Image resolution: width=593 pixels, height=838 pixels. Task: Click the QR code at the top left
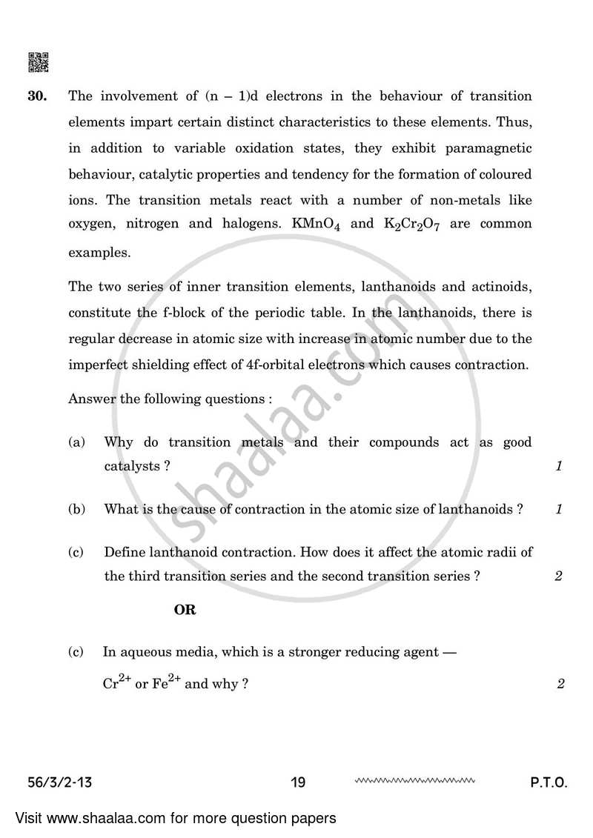point(39,63)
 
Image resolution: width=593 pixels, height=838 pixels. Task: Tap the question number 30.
point(39,96)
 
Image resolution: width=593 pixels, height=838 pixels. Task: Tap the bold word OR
point(185,610)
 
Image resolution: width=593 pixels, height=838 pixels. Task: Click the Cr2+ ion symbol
point(117,683)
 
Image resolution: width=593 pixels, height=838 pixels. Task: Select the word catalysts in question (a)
point(133,467)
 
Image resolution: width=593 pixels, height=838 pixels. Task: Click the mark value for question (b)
point(558,509)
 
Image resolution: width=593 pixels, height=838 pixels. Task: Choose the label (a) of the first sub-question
point(76,442)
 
